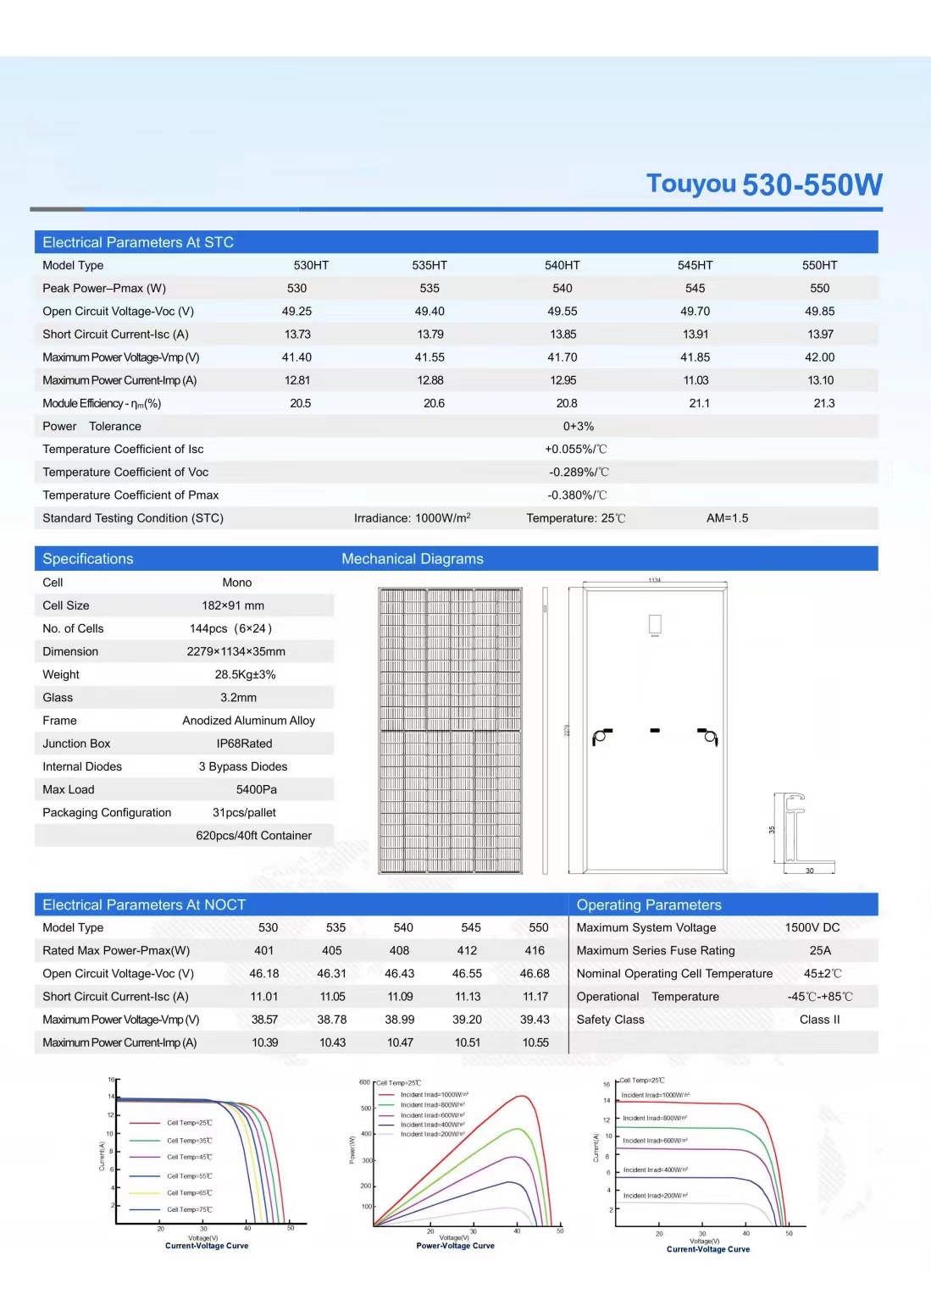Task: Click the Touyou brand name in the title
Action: click(690, 184)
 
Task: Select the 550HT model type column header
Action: click(819, 265)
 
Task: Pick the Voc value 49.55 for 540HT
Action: click(562, 311)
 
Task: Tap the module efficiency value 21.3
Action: click(823, 403)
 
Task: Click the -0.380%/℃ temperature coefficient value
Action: click(577, 495)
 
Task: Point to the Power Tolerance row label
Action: click(91, 426)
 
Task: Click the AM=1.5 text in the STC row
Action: click(727, 517)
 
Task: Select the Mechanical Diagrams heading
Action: click(412, 559)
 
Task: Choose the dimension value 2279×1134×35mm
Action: click(236, 651)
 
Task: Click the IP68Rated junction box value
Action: click(244, 744)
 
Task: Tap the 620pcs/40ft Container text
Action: click(253, 835)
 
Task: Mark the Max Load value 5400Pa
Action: click(256, 789)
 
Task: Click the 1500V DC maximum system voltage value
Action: click(812, 927)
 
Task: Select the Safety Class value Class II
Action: click(819, 1020)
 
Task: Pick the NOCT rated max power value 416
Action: click(535, 950)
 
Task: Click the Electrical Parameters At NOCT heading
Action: click(144, 904)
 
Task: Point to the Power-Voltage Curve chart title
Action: click(455, 1246)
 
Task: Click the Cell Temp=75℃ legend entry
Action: click(189, 1209)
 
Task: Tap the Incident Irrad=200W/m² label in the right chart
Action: click(655, 1196)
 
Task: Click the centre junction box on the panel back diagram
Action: click(655, 730)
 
